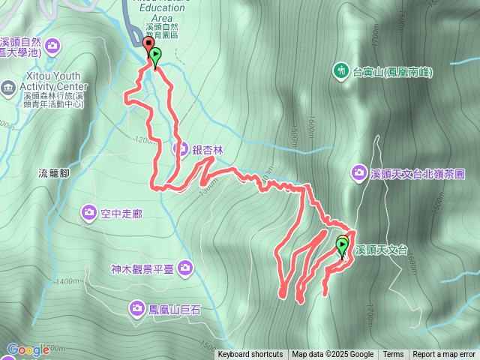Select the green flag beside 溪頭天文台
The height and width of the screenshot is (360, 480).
click(343, 246)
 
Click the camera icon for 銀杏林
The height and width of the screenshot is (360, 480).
click(181, 148)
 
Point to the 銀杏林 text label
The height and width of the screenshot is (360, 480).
click(208, 149)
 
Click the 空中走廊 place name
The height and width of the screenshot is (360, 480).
click(121, 214)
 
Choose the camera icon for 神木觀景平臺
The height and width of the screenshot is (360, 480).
click(184, 268)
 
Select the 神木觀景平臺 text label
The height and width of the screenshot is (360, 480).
click(142, 268)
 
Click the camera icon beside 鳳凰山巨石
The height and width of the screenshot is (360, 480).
click(136, 307)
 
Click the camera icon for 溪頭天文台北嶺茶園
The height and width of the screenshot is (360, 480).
click(359, 174)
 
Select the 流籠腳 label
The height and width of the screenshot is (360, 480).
click(53, 172)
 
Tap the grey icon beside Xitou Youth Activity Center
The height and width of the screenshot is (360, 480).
click(7, 87)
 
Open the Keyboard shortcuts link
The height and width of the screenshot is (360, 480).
click(250, 355)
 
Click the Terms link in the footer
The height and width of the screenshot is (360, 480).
click(393, 355)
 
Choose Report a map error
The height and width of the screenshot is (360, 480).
click(445, 355)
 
